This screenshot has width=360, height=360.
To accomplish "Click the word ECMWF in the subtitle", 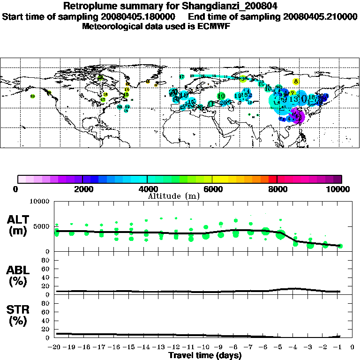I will point(214,26).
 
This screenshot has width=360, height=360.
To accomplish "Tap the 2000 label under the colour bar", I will point(82,189).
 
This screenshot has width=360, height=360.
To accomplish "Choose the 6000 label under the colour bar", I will point(212,189).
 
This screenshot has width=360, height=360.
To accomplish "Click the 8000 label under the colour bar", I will point(277,189).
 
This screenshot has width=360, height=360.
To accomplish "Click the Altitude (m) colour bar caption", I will point(173,196).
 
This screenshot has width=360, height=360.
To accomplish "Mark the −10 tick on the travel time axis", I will point(205,347).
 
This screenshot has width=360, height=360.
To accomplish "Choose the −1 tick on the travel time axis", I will point(340,347).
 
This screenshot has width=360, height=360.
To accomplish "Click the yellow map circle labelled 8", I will point(296,81).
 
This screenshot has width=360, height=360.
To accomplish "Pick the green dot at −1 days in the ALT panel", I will point(340,246).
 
